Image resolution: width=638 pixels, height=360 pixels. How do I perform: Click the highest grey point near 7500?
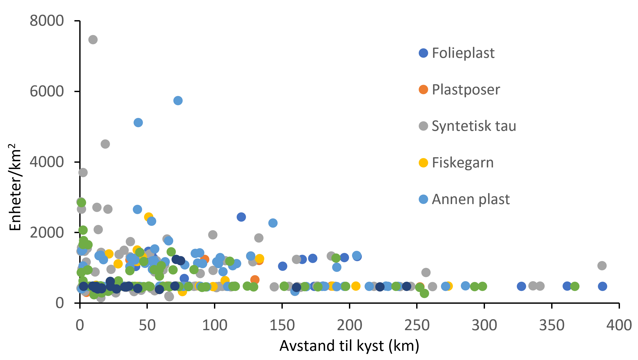[x=93, y=40]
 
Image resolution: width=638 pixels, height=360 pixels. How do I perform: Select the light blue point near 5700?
[x=178, y=100]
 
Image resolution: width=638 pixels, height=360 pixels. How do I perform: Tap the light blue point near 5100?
[x=138, y=122]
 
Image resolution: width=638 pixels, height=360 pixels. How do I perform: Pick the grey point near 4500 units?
[x=105, y=144]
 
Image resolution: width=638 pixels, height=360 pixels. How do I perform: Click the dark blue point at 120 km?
[x=241, y=217]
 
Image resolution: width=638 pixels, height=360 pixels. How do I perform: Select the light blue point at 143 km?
[x=273, y=223]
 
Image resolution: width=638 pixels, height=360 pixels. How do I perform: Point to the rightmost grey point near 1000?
[x=602, y=266]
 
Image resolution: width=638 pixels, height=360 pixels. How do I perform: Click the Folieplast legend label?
[x=463, y=53]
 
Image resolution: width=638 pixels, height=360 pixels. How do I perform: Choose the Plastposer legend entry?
[x=466, y=90]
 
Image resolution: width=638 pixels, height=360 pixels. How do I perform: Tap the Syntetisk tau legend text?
[x=474, y=126]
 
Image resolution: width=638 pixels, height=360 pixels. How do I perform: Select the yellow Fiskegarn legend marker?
[x=423, y=163]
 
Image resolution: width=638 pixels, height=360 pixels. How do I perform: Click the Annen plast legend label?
[x=471, y=199]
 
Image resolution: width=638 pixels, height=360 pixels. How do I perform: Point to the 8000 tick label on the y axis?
[x=47, y=21]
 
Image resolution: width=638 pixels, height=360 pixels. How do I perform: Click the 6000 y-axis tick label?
[x=47, y=91]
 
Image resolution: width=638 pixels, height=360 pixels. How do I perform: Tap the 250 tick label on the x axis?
[x=417, y=325]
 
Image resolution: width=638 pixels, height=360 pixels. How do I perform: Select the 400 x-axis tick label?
[x=619, y=325]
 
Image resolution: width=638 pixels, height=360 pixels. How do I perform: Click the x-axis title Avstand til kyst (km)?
[x=349, y=346]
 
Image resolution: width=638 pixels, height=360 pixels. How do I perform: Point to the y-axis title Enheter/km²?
[x=15, y=187]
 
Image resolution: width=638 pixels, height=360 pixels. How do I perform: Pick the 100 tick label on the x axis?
[x=214, y=325]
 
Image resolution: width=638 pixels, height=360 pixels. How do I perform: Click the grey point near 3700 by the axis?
[x=83, y=172]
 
